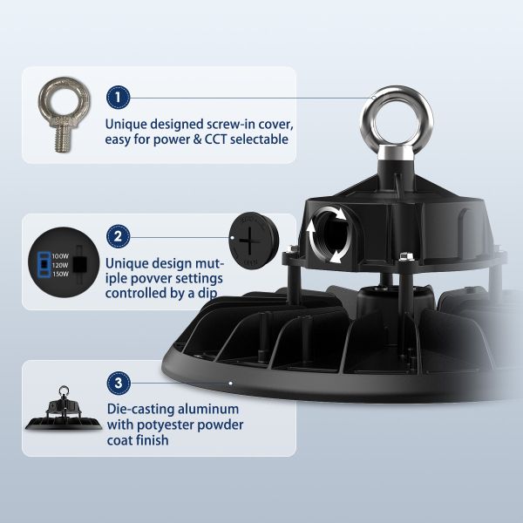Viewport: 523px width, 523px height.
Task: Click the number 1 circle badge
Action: (118, 98)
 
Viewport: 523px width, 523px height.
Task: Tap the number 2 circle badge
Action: (118, 237)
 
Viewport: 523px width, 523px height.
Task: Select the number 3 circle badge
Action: (119, 383)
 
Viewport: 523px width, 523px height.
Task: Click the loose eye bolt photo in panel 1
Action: (65, 114)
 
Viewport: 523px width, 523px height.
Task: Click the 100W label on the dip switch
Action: (60, 256)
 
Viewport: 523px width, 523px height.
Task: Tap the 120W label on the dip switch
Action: (60, 265)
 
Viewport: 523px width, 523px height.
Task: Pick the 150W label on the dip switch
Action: (60, 275)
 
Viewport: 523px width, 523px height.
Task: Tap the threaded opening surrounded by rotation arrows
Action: (330, 234)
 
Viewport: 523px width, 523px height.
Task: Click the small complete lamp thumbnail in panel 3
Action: (64, 408)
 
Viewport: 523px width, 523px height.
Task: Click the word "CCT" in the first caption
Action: (216, 139)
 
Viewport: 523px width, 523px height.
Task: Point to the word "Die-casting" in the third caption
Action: (140, 410)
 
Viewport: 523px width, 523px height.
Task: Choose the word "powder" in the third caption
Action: (221, 425)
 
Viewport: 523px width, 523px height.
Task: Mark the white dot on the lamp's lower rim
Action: (230, 384)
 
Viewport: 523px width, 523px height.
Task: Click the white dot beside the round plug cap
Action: (233, 238)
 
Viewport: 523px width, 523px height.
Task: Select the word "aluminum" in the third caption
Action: (208, 409)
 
